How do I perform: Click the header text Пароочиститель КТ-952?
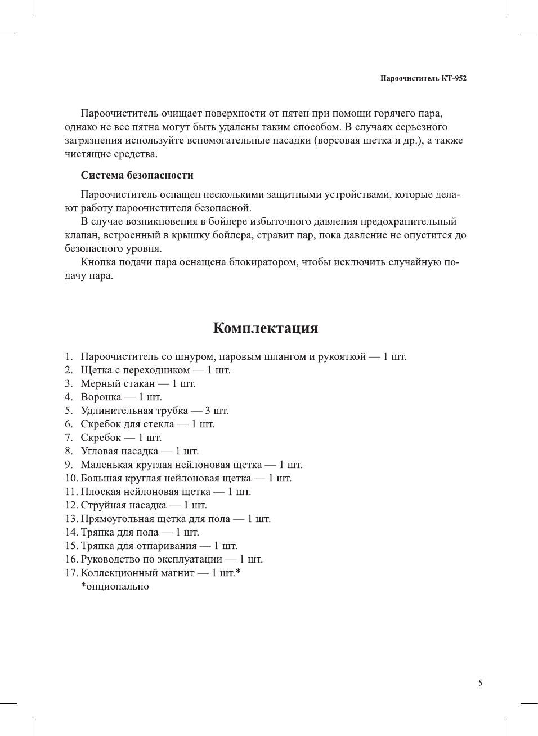423,78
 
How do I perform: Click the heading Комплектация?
266,328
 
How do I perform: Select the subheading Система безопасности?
137,175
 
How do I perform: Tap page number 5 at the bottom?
480,683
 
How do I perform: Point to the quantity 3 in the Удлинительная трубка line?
208,411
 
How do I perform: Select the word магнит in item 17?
177,573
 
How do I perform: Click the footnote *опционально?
115,586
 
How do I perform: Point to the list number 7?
69,438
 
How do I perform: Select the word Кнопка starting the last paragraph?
99,262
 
